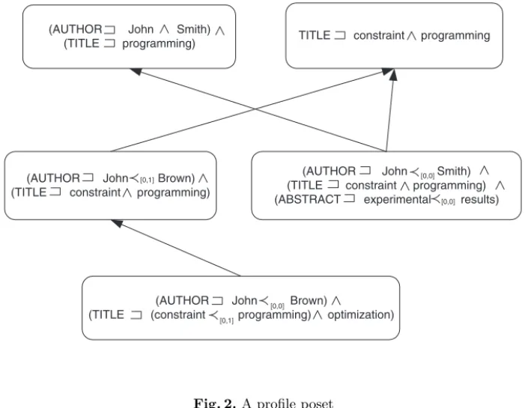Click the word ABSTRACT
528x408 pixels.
click(x=309, y=199)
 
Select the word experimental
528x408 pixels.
click(x=398, y=200)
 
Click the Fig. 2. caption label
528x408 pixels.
click(x=215, y=403)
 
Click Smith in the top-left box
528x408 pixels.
click(x=192, y=29)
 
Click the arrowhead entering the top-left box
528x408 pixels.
click(x=136, y=71)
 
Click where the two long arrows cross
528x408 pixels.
click(x=255, y=109)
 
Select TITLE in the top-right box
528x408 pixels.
click(x=315, y=35)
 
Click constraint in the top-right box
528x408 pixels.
click(x=379, y=35)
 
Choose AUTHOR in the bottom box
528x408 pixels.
click(x=183, y=300)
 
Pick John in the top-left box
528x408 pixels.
click(x=141, y=29)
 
